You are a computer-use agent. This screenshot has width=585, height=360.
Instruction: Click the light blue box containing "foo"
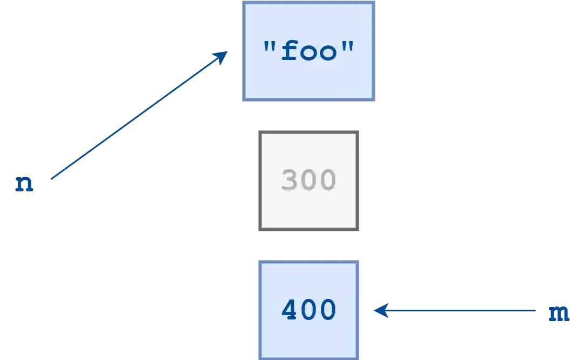[308, 51]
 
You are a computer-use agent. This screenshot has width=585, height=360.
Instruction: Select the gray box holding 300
[308, 181]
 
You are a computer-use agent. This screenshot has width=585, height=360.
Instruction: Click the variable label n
[24, 184]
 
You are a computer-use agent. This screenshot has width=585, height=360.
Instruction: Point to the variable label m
[558, 313]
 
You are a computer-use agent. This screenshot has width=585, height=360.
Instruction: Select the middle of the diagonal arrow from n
[138, 116]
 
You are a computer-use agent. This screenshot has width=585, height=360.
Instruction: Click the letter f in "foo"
[291, 51]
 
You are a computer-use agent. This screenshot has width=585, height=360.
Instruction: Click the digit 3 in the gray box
[290, 181]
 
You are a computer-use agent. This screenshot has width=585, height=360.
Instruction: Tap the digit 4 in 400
[290, 310]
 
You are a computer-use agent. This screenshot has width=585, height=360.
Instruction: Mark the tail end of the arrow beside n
[50, 179]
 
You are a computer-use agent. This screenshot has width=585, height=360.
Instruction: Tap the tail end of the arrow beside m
[535, 310]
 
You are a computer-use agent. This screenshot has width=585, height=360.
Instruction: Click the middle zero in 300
[308, 181]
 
